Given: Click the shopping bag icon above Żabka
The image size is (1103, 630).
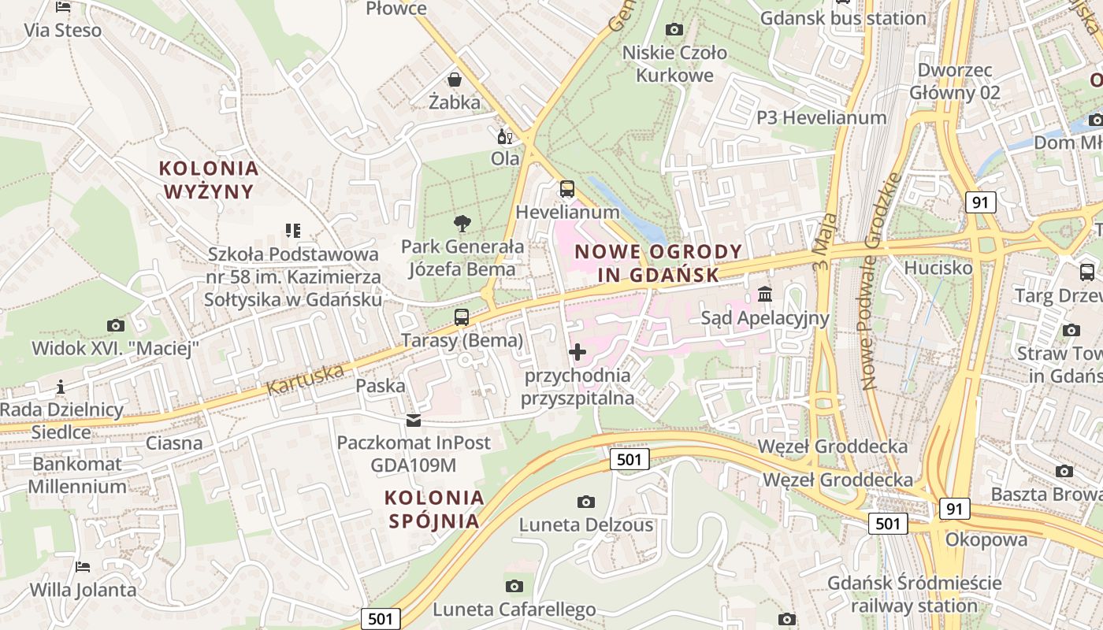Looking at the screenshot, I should (x=455, y=79).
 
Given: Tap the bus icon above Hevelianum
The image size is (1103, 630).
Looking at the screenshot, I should (x=566, y=189).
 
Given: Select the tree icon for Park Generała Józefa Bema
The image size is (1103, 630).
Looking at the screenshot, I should (x=462, y=224).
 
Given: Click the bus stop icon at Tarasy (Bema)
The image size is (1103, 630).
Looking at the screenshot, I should (x=462, y=317).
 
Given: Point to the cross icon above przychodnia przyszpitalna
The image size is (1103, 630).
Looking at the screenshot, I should (x=577, y=352).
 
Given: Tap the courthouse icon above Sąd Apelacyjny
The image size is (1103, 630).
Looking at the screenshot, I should (x=764, y=295).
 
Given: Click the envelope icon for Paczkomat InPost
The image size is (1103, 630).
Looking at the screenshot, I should (x=414, y=421).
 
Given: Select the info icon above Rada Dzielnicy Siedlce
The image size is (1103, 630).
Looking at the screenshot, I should (x=61, y=387).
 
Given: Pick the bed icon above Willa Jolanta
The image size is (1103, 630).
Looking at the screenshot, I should (x=83, y=567).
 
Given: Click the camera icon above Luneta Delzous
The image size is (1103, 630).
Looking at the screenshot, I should (x=585, y=502).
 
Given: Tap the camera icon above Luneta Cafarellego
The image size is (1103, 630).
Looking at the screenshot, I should (x=514, y=586).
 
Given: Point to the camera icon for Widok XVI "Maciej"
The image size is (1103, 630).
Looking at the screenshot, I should (x=115, y=325).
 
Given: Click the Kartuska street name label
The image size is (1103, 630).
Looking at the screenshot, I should (x=306, y=379).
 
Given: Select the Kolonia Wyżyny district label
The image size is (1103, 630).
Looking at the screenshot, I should (x=209, y=180).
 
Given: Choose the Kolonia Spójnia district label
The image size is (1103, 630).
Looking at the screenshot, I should (x=434, y=509).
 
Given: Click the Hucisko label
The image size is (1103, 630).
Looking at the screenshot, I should (x=938, y=268).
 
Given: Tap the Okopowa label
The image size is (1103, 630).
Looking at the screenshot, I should (x=986, y=540).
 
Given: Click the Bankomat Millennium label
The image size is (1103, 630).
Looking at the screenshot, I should (x=77, y=475).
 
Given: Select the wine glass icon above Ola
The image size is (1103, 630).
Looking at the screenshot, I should (x=504, y=137).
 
